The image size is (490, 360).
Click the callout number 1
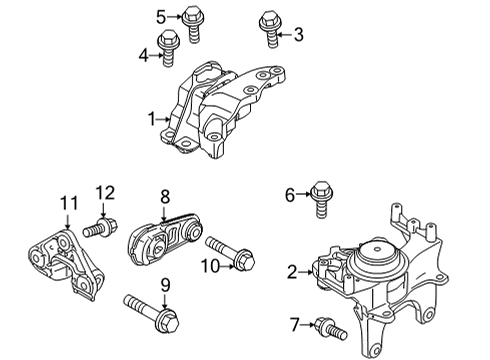(x=152, y=119)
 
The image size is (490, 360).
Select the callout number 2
(x=292, y=271)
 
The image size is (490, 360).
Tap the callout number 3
(x=297, y=35)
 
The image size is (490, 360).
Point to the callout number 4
(x=143, y=55)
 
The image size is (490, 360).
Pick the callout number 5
(x=161, y=15)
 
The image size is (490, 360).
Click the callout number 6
(x=289, y=195)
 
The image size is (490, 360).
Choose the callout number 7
(x=293, y=323)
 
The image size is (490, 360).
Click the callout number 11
(x=68, y=203)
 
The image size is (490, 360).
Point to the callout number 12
(x=106, y=192)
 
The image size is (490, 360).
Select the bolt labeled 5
(x=192, y=21)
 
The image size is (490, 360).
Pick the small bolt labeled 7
(x=325, y=326)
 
